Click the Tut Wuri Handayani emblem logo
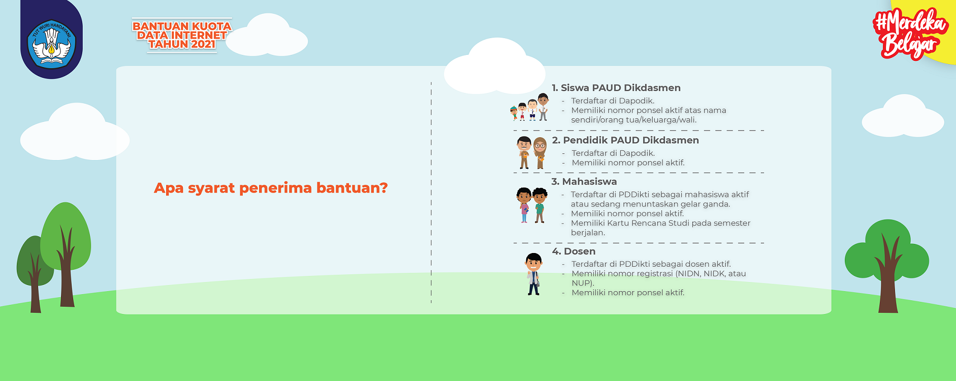click(x=51, y=44)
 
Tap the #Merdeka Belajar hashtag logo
click(x=910, y=34)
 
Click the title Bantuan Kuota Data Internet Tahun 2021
click(x=182, y=35)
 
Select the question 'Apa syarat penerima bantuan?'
click(x=271, y=188)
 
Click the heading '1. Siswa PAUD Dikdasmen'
click(x=616, y=88)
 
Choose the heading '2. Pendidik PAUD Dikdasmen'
click(x=625, y=140)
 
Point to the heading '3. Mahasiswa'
click(x=584, y=181)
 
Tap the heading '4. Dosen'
click(x=573, y=251)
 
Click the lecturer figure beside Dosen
click(x=533, y=274)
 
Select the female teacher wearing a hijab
click(x=540, y=153)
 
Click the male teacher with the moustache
click(x=524, y=152)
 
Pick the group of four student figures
click(x=530, y=107)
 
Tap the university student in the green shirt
click(x=540, y=205)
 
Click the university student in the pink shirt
click(x=524, y=205)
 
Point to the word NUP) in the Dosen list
click(x=583, y=283)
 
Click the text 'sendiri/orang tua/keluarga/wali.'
click(x=634, y=120)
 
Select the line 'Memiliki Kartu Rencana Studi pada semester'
click(x=660, y=223)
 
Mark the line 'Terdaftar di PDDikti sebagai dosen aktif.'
click(x=651, y=264)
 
